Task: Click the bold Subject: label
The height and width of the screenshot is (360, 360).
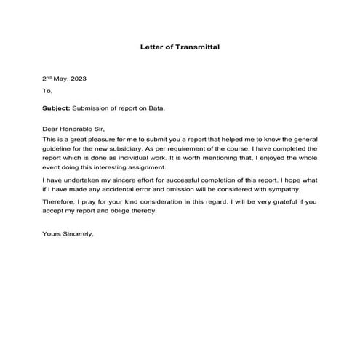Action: click(56, 108)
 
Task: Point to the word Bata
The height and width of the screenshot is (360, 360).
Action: click(157, 108)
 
